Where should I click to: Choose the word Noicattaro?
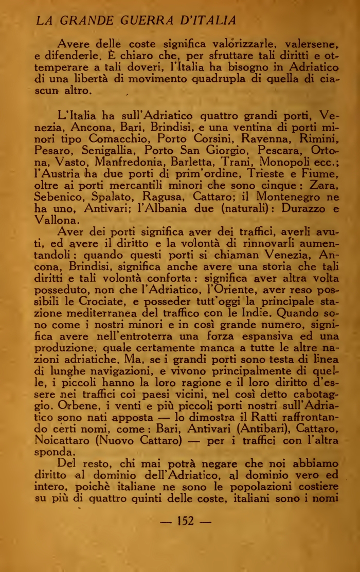[68, 441]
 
